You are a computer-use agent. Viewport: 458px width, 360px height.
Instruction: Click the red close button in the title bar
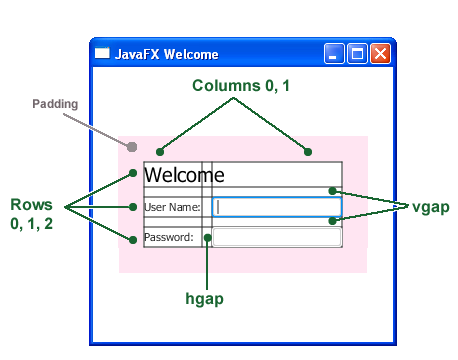(380, 54)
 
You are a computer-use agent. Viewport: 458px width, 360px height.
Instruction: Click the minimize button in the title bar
(335, 54)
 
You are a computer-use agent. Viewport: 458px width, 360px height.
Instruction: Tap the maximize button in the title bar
(357, 54)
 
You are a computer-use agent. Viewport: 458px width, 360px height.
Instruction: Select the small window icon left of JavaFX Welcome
(102, 54)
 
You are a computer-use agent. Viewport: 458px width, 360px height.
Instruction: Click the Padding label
(55, 103)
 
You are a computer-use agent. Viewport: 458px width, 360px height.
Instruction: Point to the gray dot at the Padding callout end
(132, 147)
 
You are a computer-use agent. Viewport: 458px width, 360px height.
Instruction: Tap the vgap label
(430, 206)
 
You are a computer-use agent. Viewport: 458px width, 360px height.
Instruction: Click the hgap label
(205, 298)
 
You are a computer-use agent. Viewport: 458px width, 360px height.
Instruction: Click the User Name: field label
(172, 208)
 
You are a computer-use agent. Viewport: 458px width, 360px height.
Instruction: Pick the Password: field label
(169, 238)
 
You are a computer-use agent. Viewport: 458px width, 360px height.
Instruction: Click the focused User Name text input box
(278, 207)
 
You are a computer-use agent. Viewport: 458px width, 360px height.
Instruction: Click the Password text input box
(278, 237)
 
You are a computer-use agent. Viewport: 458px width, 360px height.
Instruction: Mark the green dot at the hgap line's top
(208, 238)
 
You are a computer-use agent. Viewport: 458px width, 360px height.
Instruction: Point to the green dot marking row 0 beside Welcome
(133, 174)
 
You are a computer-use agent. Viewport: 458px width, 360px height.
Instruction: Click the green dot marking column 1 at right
(308, 152)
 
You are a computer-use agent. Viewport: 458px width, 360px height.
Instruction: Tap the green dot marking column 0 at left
(160, 152)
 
